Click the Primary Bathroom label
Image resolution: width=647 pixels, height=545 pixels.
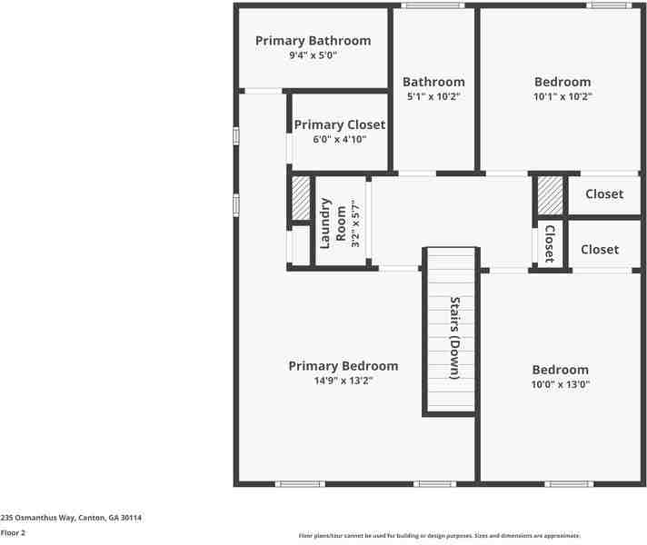coord(313,41)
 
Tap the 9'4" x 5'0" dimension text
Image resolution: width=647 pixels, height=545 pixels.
coord(313,55)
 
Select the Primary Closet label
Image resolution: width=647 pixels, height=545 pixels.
coord(339,124)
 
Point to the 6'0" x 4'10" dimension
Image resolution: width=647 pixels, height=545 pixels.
coord(339,139)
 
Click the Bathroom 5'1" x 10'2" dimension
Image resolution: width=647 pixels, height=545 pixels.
coord(433,96)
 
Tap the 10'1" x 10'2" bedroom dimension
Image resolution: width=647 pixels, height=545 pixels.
coord(562,96)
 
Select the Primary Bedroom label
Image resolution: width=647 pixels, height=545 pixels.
coord(343,366)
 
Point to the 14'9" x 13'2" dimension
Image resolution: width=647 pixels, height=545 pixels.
coord(343,381)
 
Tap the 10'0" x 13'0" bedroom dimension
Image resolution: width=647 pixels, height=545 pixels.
coord(560,384)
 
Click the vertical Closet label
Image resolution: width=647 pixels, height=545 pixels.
coord(549,243)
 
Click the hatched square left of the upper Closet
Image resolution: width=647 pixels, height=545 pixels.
coord(549,195)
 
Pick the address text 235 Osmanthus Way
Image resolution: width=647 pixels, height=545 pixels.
coord(71,517)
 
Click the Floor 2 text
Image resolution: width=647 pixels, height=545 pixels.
coord(13,532)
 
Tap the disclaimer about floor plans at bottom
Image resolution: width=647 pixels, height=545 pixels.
coord(439,536)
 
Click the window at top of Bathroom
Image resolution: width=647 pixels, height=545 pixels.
coord(433,5)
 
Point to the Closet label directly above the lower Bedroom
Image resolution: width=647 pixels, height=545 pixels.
coord(599,249)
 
